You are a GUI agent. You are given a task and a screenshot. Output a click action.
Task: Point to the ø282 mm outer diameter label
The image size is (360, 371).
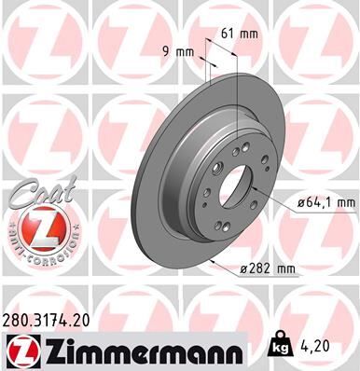267,268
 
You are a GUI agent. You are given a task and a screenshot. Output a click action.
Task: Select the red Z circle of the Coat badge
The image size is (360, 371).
39,227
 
